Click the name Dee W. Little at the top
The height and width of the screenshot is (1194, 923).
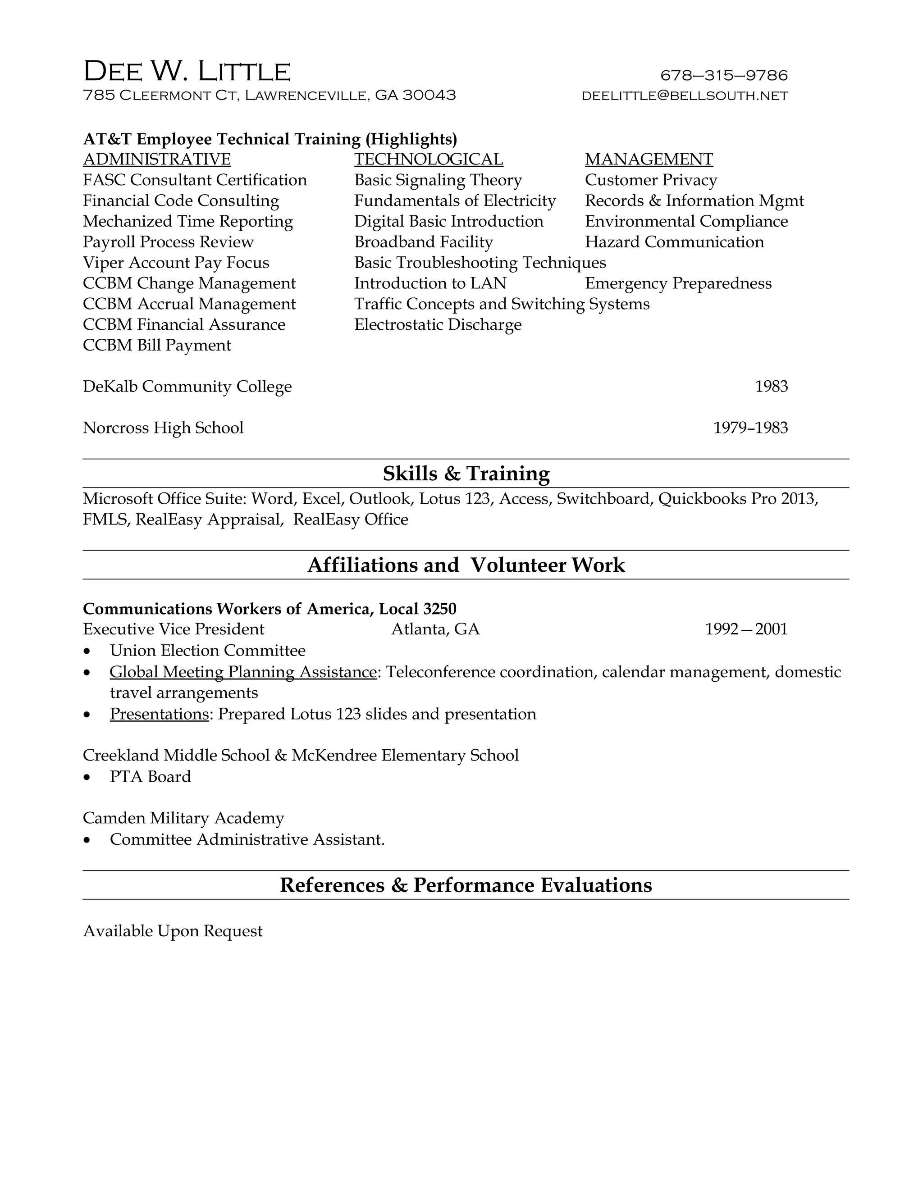click(187, 72)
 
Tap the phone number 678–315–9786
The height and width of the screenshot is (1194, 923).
click(723, 75)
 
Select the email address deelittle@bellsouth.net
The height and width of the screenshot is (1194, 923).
click(685, 96)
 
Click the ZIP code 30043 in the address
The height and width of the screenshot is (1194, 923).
click(429, 95)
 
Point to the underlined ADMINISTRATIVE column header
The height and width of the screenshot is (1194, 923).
click(157, 159)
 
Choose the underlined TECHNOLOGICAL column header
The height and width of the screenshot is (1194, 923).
click(428, 159)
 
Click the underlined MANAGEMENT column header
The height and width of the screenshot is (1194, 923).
click(649, 159)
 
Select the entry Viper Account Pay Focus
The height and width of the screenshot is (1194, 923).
click(176, 263)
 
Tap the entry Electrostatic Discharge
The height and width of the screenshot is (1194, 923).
click(438, 325)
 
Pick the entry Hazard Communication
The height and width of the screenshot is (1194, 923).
click(674, 242)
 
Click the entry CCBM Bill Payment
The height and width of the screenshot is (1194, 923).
click(157, 346)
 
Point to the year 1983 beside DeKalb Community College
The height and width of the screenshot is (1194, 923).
click(771, 387)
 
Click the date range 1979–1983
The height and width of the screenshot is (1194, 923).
click(750, 428)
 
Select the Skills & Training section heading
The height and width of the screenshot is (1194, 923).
click(466, 474)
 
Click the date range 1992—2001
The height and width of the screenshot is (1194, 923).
click(746, 630)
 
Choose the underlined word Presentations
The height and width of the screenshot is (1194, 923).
click(159, 715)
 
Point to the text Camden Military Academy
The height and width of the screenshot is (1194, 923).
click(183, 818)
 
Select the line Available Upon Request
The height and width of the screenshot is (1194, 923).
click(173, 932)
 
